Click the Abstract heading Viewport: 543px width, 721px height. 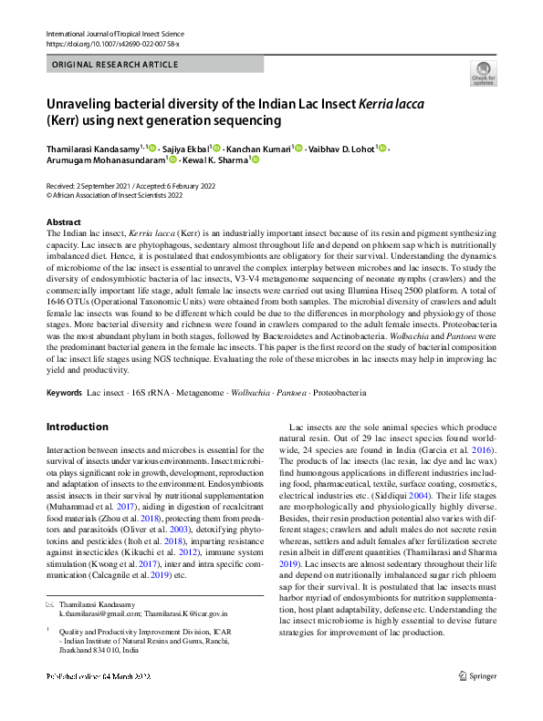pyautogui.click(x=64, y=222)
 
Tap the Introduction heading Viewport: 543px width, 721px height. pyautogui.click(x=77, y=427)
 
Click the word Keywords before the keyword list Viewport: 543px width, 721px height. pyautogui.click(x=63, y=392)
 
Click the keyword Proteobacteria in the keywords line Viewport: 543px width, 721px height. pyautogui.click(x=341, y=392)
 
